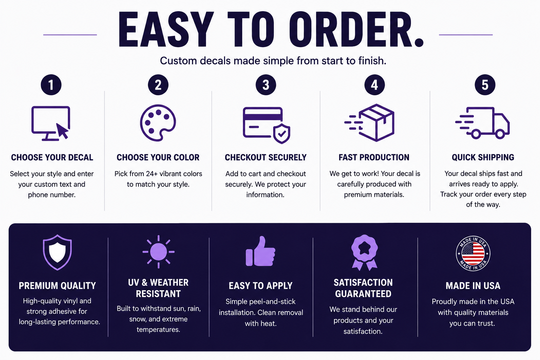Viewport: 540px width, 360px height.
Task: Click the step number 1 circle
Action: coord(51,85)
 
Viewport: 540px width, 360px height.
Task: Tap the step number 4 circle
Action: coord(374,85)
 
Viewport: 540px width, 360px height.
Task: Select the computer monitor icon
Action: coord(51,123)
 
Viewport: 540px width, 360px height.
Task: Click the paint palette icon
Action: coord(158,123)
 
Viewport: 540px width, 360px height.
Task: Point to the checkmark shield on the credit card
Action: coord(282,134)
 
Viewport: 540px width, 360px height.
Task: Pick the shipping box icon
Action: coord(376,123)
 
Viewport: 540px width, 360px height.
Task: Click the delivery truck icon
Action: coord(482,123)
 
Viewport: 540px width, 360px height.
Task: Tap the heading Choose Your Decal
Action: coord(52,157)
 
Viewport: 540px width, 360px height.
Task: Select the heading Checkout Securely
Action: coord(266,157)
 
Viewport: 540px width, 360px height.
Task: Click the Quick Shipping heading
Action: coord(483,157)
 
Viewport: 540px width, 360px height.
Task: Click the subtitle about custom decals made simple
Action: coord(273,61)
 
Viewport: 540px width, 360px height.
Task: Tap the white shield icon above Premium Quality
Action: coord(57,252)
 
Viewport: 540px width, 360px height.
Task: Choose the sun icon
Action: coord(159,252)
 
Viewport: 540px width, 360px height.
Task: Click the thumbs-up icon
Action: coord(261,251)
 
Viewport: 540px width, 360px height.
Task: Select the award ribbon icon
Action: coord(364,252)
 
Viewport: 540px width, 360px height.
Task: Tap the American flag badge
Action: coord(473,253)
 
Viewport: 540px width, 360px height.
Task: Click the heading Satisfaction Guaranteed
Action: coord(363,288)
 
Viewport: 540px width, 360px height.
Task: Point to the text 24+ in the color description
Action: coord(152,174)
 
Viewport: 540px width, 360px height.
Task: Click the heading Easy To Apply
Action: coord(261,286)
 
